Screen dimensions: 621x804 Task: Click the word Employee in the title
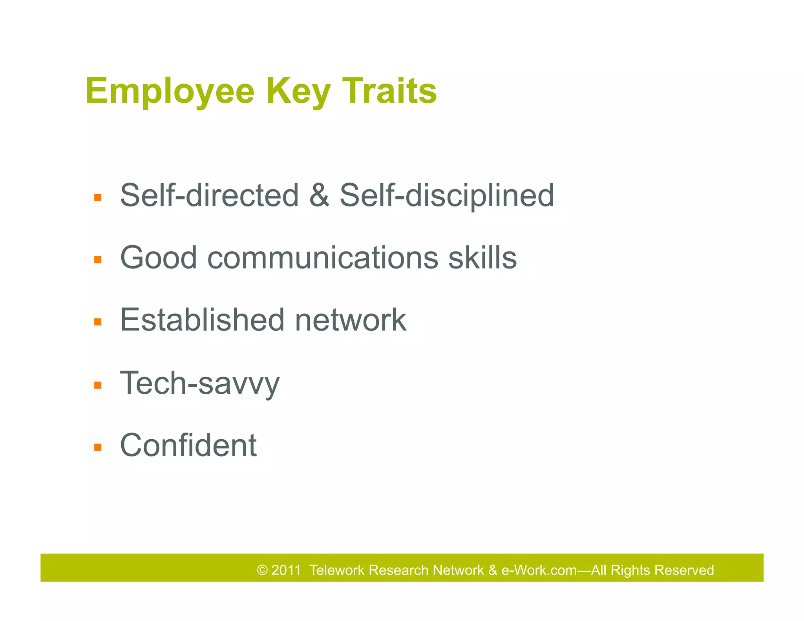coord(170,91)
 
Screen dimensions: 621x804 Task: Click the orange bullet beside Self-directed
coord(98,197)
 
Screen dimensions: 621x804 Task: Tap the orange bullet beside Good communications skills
coord(98,259)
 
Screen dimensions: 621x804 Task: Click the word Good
coord(158,258)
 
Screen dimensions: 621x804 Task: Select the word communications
coord(322,258)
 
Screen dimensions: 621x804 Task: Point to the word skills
coord(482,258)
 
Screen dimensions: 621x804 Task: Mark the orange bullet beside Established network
coord(98,322)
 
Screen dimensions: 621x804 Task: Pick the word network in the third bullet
coord(351,320)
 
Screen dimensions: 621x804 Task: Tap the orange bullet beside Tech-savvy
coord(98,385)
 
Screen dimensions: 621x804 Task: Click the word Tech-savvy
coord(199,383)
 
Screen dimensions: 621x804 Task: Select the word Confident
coord(188,445)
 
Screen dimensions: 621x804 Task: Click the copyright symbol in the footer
coord(262,570)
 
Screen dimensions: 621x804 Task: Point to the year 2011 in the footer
coord(286,570)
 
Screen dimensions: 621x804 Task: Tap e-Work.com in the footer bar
coord(539,570)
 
